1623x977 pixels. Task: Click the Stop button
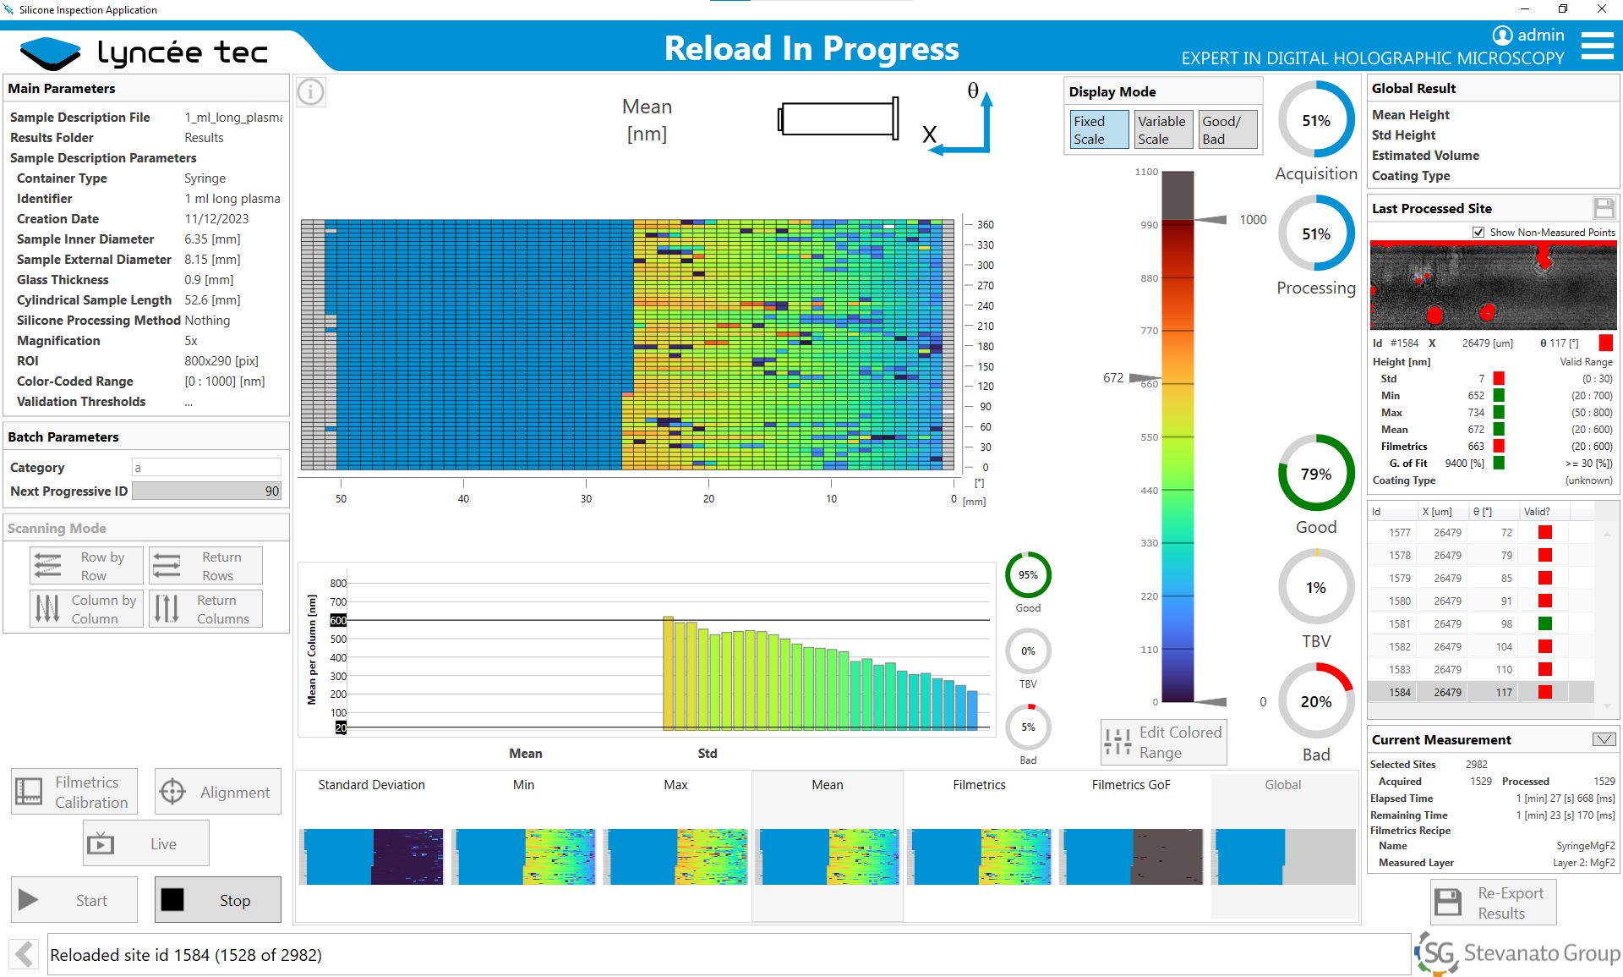click(217, 899)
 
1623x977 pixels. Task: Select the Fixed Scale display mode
click(1098, 130)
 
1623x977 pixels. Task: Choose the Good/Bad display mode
click(1227, 130)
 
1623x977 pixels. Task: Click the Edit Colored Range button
click(1164, 743)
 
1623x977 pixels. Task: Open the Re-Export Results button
click(1493, 903)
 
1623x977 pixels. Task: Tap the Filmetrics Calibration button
click(74, 792)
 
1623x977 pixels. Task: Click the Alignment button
click(218, 792)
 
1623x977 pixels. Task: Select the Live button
click(146, 843)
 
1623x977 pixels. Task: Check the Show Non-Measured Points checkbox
click(1478, 233)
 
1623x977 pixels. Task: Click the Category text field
click(206, 468)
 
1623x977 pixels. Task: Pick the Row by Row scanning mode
click(86, 566)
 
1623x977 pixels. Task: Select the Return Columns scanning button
click(206, 609)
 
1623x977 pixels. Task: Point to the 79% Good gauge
click(1315, 474)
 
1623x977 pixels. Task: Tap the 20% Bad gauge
click(1315, 701)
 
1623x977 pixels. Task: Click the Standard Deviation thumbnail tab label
click(371, 785)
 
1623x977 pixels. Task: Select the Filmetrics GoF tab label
click(1130, 785)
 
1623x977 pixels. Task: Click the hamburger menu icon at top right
click(1597, 46)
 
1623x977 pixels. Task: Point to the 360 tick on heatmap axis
click(985, 225)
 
